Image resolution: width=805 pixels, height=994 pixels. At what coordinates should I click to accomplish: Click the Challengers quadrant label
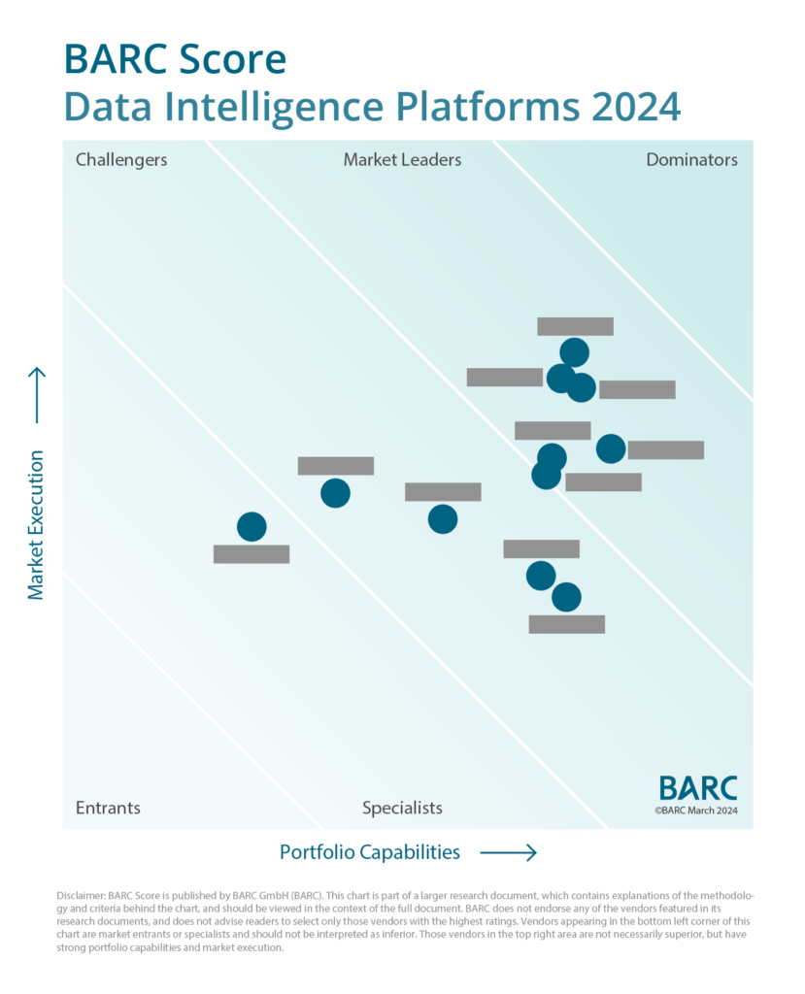coord(121,160)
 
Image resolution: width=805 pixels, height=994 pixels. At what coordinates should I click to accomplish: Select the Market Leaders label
coord(402,160)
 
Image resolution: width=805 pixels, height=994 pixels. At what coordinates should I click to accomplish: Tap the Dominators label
coord(691,160)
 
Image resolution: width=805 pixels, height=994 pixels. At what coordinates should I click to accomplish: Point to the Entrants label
coord(108,808)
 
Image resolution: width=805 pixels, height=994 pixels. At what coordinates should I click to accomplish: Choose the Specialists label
coord(402,808)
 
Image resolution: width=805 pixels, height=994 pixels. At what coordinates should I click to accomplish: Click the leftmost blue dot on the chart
coord(252,527)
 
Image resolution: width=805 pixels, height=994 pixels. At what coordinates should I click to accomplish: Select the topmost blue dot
coord(574,352)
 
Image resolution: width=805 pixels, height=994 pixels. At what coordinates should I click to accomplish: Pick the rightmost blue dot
coord(611,448)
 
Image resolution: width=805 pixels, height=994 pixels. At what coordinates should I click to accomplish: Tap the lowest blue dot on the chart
coord(566,597)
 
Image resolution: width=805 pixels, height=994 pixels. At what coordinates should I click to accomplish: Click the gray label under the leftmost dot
coord(252,554)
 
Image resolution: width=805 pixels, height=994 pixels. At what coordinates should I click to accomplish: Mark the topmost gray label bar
coord(575,326)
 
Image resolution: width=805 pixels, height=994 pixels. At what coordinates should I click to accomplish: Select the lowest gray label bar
coord(566,624)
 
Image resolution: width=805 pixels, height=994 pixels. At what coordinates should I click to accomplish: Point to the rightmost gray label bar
coord(665,450)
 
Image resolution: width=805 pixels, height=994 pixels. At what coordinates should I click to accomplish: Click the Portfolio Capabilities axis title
coord(370,852)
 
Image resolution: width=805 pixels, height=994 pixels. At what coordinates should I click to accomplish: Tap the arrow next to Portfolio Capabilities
coord(508,853)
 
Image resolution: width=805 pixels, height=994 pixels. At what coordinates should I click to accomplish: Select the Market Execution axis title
coord(36,524)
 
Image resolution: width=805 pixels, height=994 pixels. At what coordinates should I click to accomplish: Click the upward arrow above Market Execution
coord(37,395)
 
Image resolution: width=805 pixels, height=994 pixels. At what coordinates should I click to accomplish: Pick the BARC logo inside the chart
coord(697,787)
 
